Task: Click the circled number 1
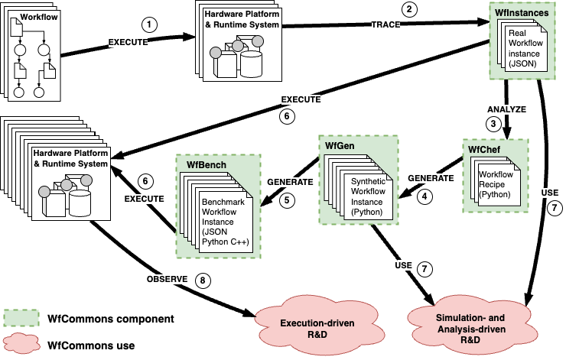pyautogui.click(x=151, y=24)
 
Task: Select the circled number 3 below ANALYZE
pyautogui.click(x=493, y=123)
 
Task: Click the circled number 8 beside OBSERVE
pyautogui.click(x=203, y=281)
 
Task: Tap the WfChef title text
pyautogui.click(x=480, y=150)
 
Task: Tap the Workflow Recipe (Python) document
pyautogui.click(x=498, y=185)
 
